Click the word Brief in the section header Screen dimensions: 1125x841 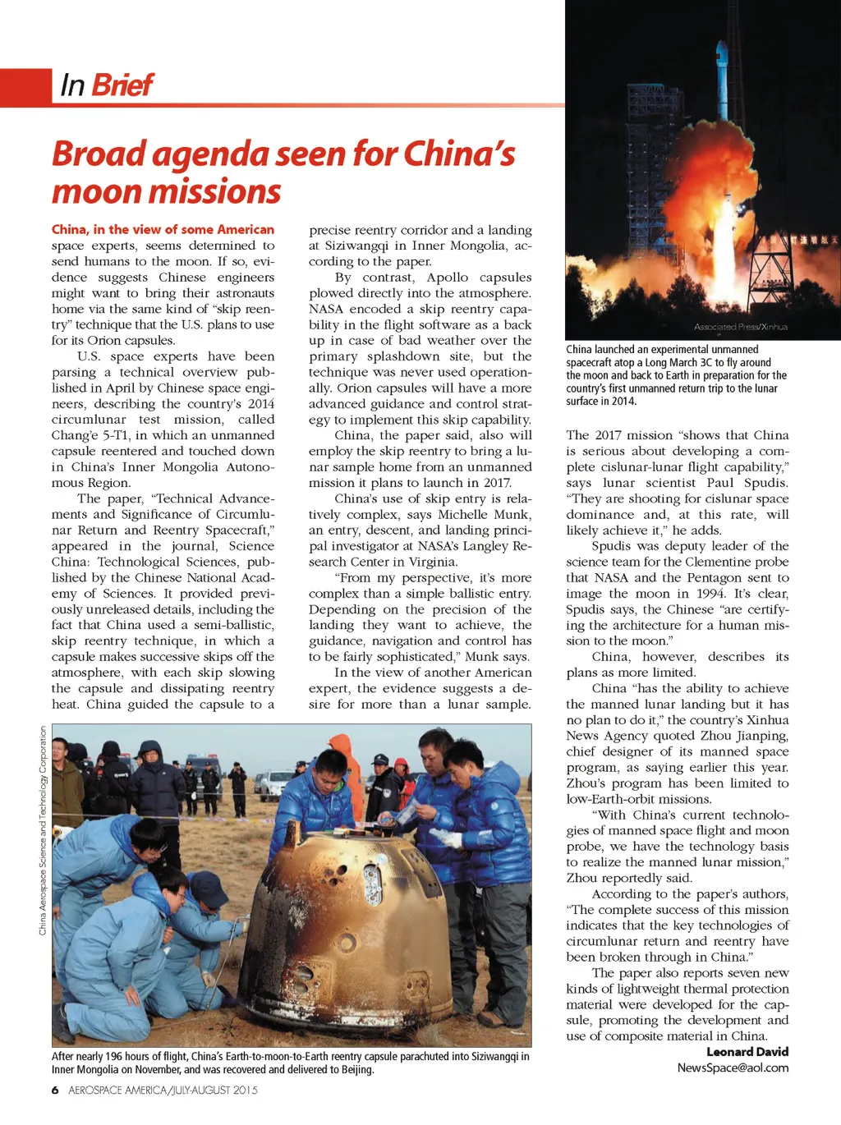(122, 85)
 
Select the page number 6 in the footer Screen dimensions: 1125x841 (55, 1091)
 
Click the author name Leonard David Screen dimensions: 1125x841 (747, 1052)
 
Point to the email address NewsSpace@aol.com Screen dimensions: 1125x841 (733, 1068)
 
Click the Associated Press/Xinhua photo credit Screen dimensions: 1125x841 (740, 327)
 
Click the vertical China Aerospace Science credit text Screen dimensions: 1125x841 (43, 829)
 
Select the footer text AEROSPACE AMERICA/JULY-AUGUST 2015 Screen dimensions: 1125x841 (163, 1091)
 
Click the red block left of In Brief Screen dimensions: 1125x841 (25, 87)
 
